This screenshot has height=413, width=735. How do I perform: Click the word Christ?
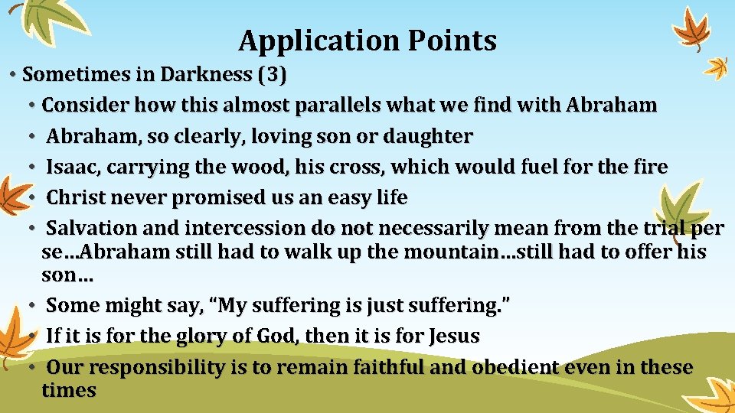[x=76, y=198]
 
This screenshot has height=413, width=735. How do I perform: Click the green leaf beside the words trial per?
[x=683, y=206]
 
